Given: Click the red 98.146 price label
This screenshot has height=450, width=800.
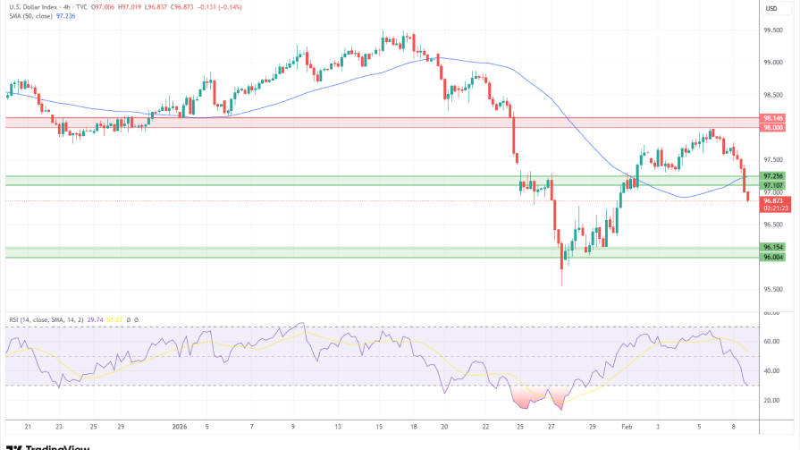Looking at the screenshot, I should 773,118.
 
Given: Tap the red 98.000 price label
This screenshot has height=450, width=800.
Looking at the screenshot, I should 773,128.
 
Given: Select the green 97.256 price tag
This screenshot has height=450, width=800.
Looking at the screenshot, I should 773,175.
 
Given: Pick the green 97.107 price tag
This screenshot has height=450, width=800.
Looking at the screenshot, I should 773,185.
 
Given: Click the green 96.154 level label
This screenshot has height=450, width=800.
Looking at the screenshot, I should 773,247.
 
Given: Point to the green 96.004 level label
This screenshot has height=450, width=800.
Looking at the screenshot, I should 773,257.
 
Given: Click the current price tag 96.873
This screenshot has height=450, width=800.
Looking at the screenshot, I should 773,201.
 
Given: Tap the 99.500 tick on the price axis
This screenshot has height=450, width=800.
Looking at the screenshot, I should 773,30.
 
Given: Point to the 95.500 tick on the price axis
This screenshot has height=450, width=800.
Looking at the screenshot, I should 773,290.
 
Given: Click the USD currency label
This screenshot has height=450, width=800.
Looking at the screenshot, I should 771,9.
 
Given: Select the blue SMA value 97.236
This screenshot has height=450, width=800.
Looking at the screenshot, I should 64,15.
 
